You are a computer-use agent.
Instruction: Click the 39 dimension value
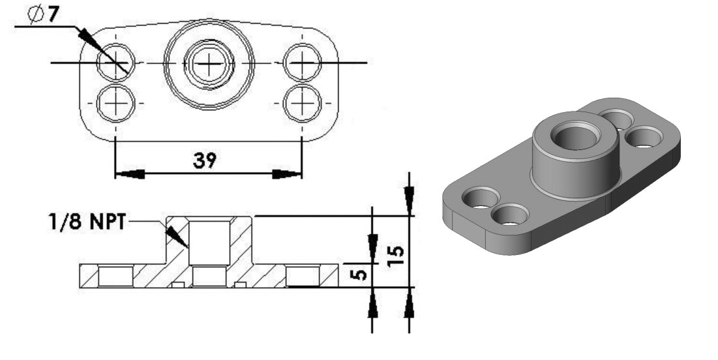pos(207,160)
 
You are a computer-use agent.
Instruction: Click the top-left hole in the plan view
pos(116,63)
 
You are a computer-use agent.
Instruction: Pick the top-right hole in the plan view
pos(303,63)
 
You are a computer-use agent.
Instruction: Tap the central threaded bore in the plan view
pos(209,63)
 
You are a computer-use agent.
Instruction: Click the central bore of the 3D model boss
pos(575,138)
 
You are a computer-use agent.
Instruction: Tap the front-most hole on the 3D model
pos(511,215)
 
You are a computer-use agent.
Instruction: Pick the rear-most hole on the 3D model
pos(617,119)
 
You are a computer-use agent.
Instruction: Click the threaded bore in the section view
pos(209,242)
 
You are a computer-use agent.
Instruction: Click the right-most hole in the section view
pos(303,277)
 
